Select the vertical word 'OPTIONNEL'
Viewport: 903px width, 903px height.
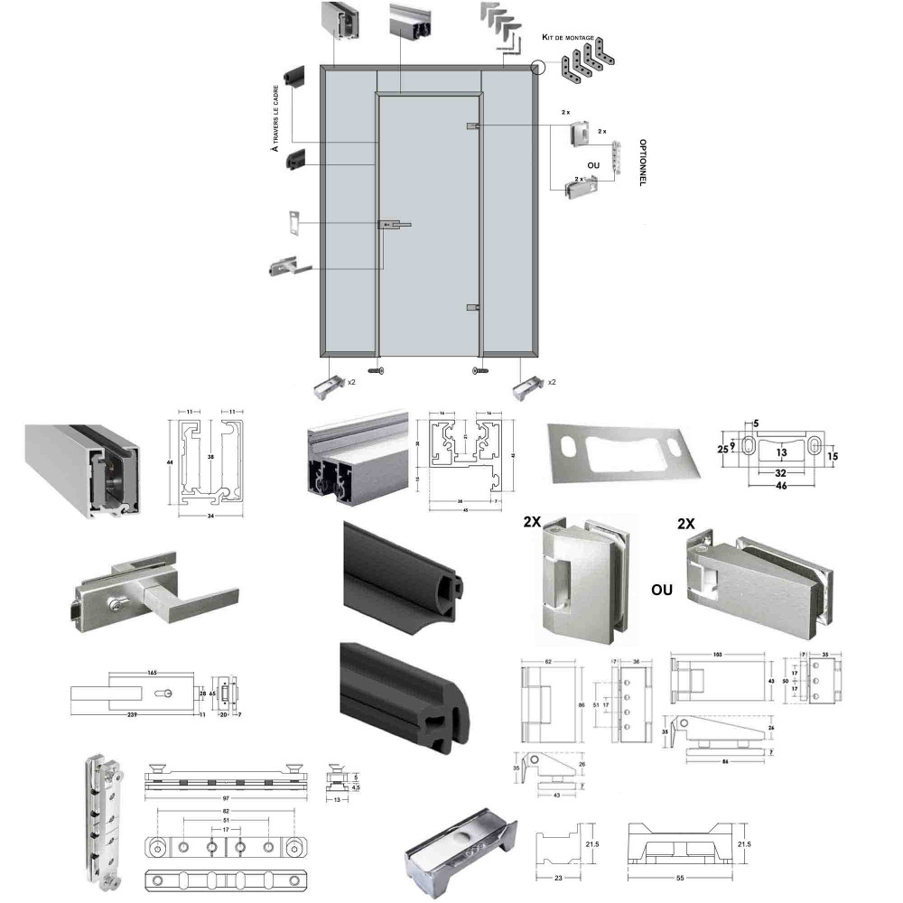(x=642, y=162)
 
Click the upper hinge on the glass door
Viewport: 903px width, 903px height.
(x=472, y=126)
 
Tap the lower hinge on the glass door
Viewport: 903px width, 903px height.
(x=472, y=308)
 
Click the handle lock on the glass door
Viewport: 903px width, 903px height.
(x=391, y=224)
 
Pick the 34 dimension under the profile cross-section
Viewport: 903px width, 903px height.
(x=209, y=517)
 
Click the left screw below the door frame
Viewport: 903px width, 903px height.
(x=377, y=370)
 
